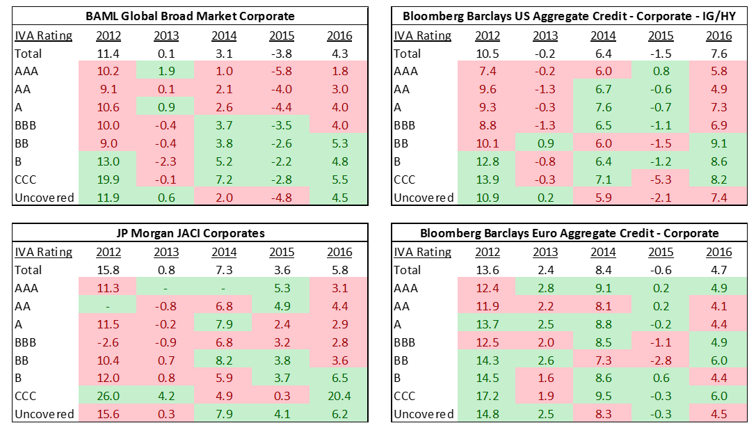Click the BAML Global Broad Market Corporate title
(x=189, y=16)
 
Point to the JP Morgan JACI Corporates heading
(x=189, y=233)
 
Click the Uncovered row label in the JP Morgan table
(x=44, y=414)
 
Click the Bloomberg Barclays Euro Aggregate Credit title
(x=568, y=233)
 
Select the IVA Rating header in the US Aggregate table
(x=422, y=35)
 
